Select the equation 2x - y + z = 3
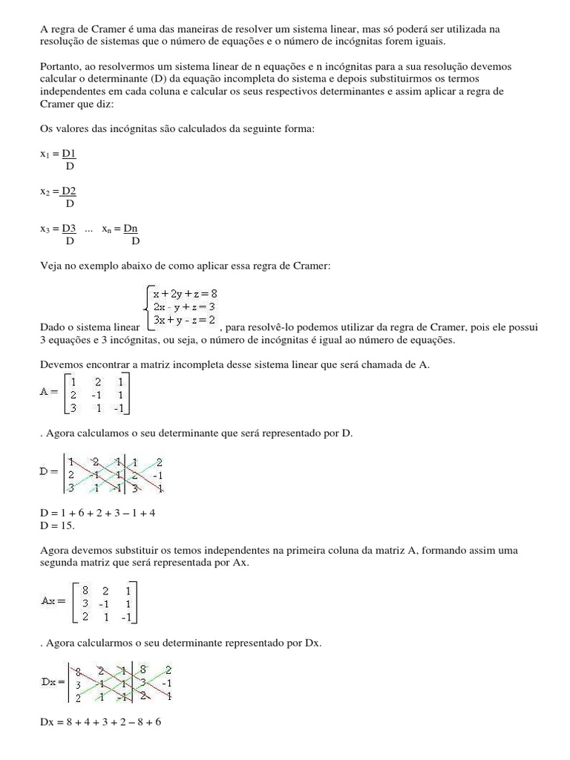click(184, 307)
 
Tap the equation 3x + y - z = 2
click(184, 320)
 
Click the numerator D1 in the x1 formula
click(69, 154)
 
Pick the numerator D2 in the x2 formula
click(69, 191)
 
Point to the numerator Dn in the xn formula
click(131, 230)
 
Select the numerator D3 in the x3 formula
click(69, 230)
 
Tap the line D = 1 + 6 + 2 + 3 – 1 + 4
click(97, 513)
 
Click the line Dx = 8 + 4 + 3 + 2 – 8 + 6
click(100, 721)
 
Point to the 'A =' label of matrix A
click(50, 390)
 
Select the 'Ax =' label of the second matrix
click(54, 600)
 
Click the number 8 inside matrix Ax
click(86, 591)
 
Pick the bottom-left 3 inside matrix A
click(72, 408)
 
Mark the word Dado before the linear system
click(52, 327)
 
